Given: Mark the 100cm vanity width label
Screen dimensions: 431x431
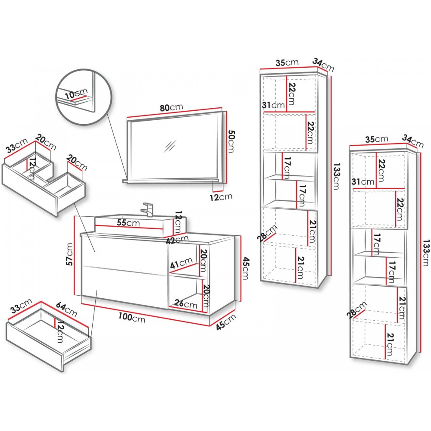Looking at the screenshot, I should (x=132, y=318).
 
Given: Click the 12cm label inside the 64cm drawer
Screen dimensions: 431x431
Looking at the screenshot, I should (x=60, y=332).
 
